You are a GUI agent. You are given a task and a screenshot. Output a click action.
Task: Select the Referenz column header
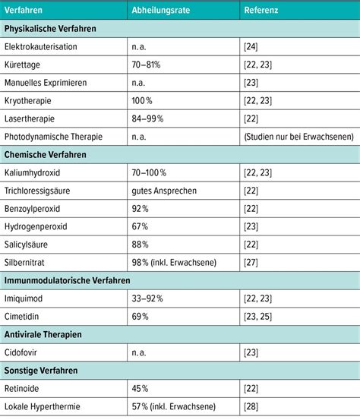[x=261, y=11]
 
